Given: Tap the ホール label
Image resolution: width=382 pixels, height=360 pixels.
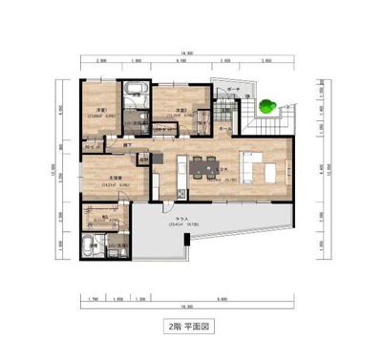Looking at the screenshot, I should [222, 124].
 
